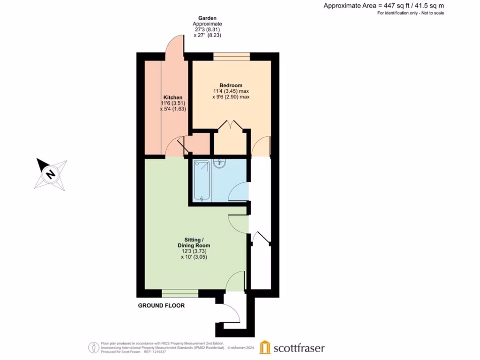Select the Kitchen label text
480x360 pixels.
pos(172,97)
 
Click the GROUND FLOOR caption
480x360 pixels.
pos(161,306)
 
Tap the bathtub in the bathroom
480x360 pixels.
pos(202,180)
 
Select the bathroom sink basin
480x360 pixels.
pos(219,163)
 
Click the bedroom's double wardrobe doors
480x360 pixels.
pos(230,127)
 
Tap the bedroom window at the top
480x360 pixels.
pos(232,56)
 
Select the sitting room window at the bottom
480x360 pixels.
pos(180,293)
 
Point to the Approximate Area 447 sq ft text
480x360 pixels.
pos(383,6)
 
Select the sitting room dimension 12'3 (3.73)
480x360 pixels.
pos(194,251)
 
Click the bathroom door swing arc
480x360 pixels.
pos(239,191)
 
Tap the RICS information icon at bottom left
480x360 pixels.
pos(94,347)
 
